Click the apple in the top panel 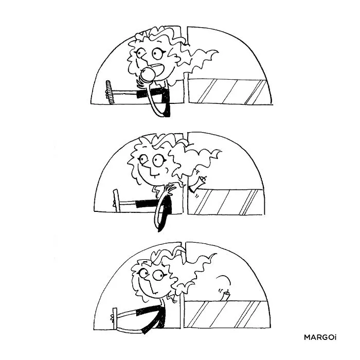pyautogui.click(x=147, y=74)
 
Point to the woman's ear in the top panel pyautogui.click(x=177, y=59)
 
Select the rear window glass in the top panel pyautogui.click(x=228, y=92)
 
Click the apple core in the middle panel pyautogui.click(x=197, y=184)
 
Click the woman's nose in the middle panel pyautogui.click(x=152, y=171)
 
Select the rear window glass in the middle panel pyautogui.click(x=226, y=202)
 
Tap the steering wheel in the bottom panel pyautogui.click(x=114, y=319)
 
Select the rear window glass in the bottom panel pyautogui.click(x=227, y=314)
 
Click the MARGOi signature pyautogui.click(x=320, y=337)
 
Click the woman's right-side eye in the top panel pyautogui.click(x=157, y=53)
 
